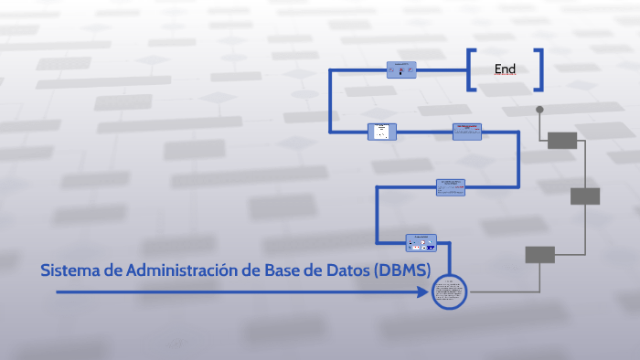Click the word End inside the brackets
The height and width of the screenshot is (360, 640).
click(x=505, y=69)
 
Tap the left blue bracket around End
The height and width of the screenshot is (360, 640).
click(x=470, y=70)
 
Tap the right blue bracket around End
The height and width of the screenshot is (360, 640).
click(x=540, y=70)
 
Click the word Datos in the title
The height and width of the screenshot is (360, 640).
click(x=347, y=270)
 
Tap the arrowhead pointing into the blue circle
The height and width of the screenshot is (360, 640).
click(x=425, y=292)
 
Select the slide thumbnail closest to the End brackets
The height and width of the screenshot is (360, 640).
click(x=401, y=69)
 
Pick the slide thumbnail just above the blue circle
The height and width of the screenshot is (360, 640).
click(x=421, y=243)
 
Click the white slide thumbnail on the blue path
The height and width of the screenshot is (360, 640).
click(x=382, y=132)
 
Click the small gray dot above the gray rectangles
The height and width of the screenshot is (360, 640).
click(x=539, y=110)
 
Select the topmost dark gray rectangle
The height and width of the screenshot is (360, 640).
click(x=562, y=140)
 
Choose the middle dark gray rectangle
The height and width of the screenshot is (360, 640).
click(x=585, y=196)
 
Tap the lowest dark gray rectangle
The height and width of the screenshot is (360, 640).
click(x=539, y=255)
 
